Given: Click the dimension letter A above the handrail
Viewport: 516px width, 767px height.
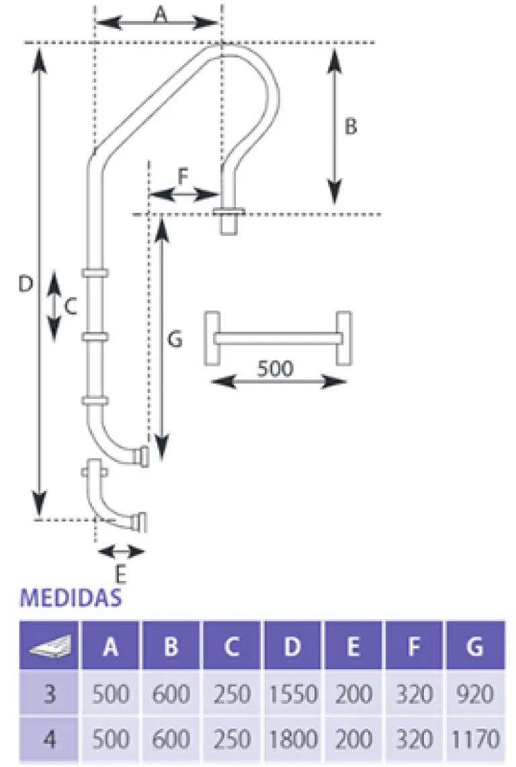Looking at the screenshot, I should click(x=160, y=14).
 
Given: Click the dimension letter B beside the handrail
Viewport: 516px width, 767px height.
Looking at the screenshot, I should click(x=350, y=126).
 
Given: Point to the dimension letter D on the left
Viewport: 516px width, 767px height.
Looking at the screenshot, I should click(x=25, y=285).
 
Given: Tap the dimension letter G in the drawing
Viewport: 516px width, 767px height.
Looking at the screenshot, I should click(x=175, y=341).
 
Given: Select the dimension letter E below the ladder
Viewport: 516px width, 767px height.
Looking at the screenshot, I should click(x=120, y=575).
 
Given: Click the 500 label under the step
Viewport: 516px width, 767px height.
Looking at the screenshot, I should click(x=275, y=368).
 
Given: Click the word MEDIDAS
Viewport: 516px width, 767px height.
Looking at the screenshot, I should click(x=71, y=598).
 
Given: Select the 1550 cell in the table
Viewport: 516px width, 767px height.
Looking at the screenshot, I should click(x=293, y=692).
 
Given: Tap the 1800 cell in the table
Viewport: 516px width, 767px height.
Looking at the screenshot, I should click(x=293, y=739).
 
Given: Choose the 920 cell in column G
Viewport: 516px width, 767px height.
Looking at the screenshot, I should click(x=474, y=692).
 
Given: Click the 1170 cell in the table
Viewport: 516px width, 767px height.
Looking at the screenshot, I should click(x=474, y=739).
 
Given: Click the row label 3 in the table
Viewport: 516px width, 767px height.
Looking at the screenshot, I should click(x=49, y=692).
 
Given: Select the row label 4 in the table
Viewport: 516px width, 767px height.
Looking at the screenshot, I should click(x=49, y=739).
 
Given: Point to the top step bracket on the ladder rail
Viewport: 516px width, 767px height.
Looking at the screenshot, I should click(x=95, y=273).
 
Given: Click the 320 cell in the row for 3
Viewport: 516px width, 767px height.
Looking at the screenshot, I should click(x=415, y=692).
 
